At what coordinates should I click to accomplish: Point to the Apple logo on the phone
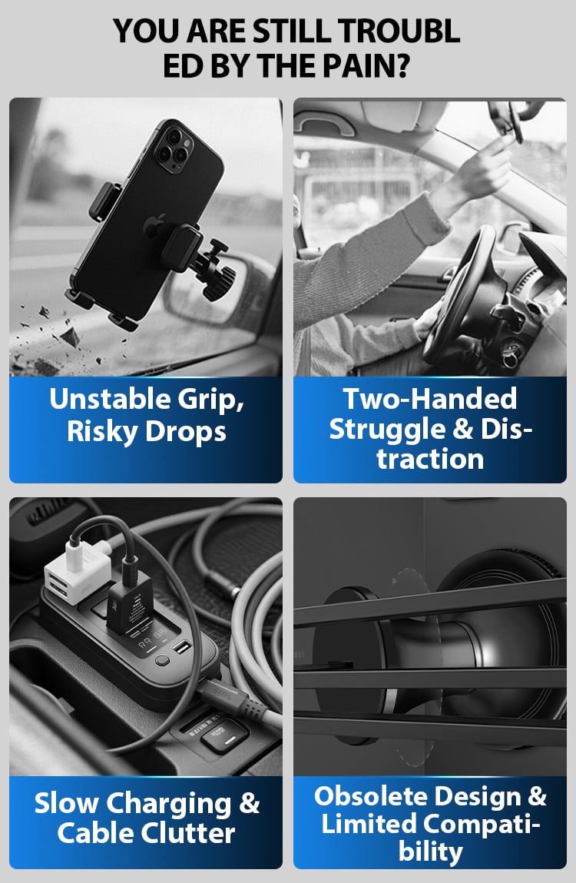pyautogui.click(x=152, y=226)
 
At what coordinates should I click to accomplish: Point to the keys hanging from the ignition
pyautogui.click(x=509, y=355)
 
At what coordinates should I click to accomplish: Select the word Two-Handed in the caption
pyautogui.click(x=430, y=399)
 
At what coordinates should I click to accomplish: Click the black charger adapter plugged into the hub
pyautogui.click(x=130, y=606)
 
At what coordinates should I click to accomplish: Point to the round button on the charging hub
pyautogui.click(x=162, y=659)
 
